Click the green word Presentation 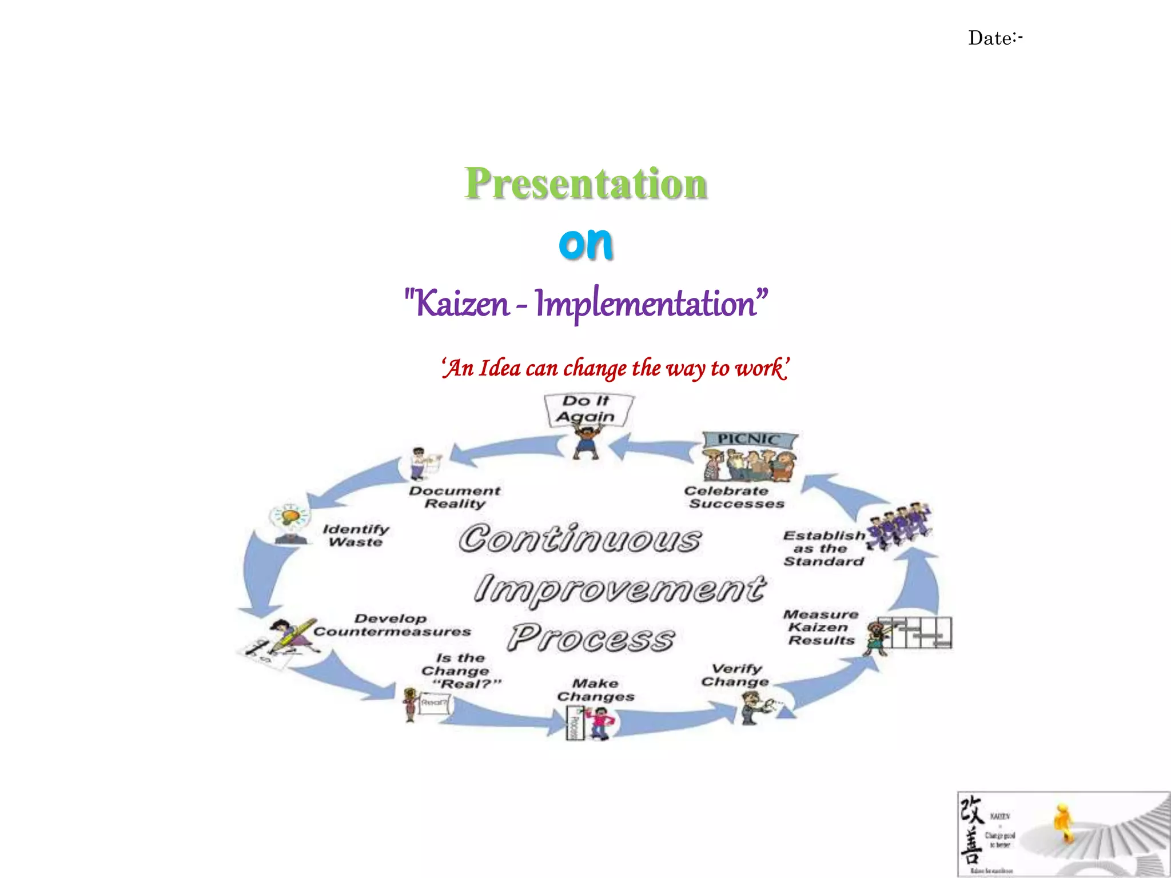tap(585, 184)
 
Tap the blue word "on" tap(585, 243)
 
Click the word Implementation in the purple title tap(646, 304)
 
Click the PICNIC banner tap(749, 439)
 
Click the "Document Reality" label tap(455, 497)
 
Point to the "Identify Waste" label tap(356, 536)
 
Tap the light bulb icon tap(291, 517)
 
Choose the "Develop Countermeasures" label tap(392, 625)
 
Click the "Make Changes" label tap(596, 690)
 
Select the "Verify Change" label tap(736, 675)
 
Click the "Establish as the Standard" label tap(824, 549)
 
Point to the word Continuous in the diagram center tap(580, 539)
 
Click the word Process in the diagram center tap(591, 638)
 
